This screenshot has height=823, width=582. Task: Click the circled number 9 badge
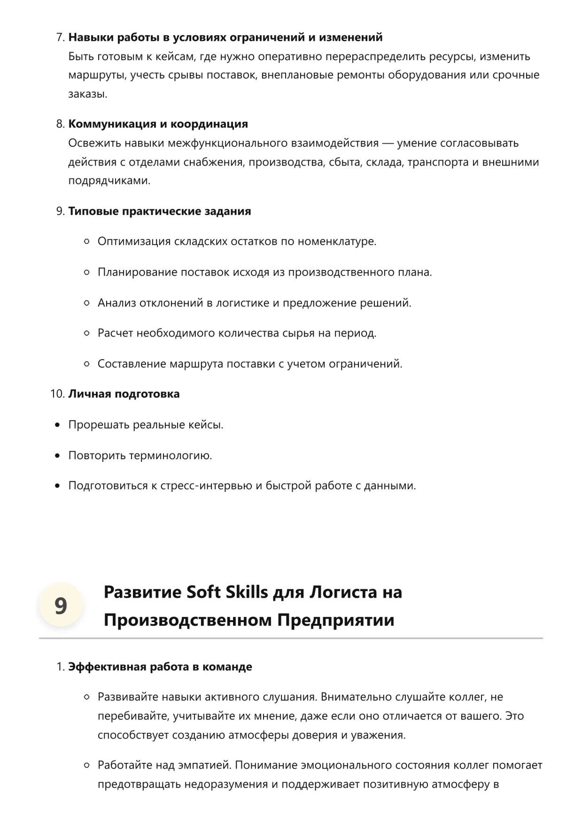61,606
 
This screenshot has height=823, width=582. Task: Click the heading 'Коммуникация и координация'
158,124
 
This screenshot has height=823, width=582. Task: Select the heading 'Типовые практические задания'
160,211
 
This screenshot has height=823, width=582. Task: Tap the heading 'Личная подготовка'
124,394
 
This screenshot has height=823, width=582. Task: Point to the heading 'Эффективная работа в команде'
160,667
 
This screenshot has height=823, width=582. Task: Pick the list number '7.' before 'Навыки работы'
60,37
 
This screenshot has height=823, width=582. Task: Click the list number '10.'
57,394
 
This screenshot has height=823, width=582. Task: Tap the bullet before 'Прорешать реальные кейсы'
57,425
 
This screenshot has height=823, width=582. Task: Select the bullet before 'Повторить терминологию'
57,455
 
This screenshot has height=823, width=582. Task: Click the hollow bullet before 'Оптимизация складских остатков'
86,242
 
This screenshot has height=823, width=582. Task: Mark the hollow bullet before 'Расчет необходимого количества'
86,333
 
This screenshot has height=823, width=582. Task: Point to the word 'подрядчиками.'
109,181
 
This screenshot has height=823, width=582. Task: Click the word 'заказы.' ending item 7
88,94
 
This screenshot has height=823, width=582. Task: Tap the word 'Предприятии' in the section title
335,620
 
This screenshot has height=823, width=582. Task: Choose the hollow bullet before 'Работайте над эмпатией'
86,765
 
